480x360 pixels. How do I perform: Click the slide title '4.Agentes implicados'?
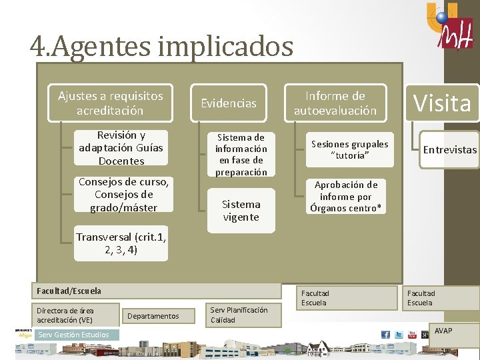pos(161,47)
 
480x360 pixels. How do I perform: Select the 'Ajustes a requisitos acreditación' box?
pos(110,103)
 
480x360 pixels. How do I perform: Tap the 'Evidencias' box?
pos(229,103)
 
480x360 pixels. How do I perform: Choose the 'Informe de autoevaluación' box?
pos(335,103)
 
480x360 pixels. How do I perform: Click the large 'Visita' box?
pos(442,103)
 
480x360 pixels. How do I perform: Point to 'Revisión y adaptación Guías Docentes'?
pos(121,147)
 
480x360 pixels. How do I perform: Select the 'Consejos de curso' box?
pos(123,194)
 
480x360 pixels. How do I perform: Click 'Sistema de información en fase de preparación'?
pos(241,155)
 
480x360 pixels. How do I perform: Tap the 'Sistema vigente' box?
pos(241,211)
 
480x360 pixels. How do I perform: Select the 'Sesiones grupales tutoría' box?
pos(351,150)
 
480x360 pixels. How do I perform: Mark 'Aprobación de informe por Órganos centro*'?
pos(346,197)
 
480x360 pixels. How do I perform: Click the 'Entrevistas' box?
pos(450,150)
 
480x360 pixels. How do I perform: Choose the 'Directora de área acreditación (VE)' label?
pos(65,315)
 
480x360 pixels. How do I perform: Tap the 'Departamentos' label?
pos(153,315)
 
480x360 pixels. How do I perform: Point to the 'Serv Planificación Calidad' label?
pos(239,315)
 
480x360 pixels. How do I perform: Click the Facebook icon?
pos(385,335)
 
